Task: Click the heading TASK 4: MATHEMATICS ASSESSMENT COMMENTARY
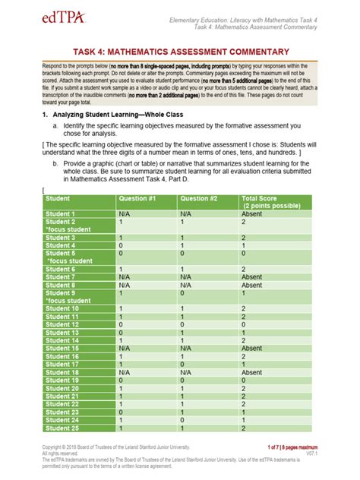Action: (180, 52)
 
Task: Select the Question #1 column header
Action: (137, 198)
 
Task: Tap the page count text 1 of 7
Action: (278, 448)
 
